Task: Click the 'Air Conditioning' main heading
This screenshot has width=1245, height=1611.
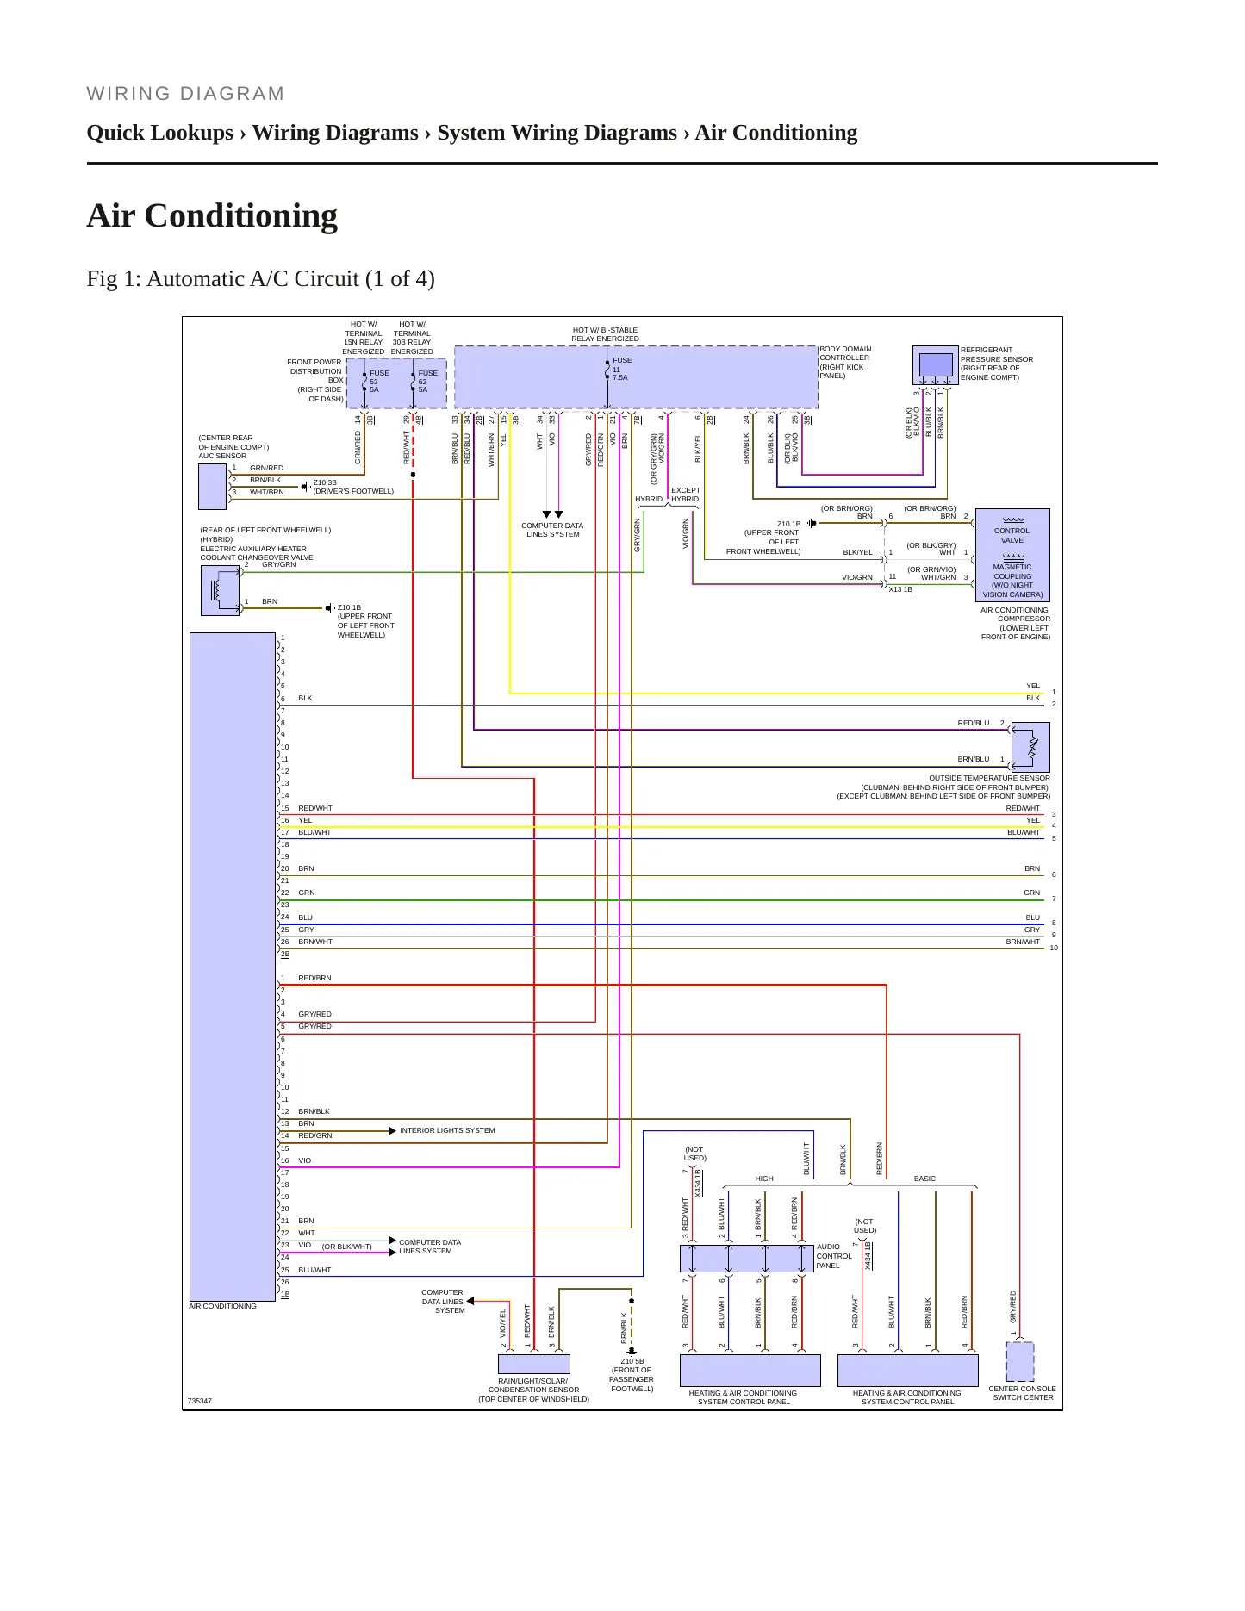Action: (212, 215)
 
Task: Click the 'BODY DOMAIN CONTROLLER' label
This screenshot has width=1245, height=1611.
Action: (844, 353)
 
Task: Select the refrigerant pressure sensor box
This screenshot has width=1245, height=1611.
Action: (936, 365)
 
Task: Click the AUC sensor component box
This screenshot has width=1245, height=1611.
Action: (212, 487)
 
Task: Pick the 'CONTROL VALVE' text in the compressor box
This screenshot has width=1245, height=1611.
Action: (1012, 536)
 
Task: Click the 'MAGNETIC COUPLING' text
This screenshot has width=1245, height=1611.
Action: (1012, 572)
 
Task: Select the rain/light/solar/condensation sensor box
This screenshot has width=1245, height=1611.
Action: (534, 1364)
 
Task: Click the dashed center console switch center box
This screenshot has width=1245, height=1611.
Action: (1020, 1361)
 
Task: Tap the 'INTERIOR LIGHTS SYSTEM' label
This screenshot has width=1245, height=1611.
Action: (447, 1130)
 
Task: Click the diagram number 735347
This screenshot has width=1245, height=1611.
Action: (200, 1401)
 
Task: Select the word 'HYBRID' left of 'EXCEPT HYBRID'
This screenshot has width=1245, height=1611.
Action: (649, 499)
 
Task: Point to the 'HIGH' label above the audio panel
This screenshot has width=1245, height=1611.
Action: (764, 1179)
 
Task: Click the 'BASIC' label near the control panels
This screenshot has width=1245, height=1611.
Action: (924, 1179)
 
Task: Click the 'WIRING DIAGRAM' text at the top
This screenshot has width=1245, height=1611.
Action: (186, 94)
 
